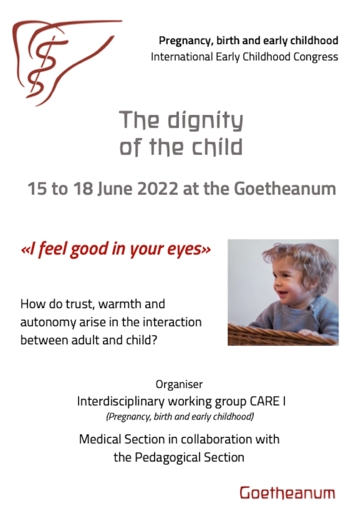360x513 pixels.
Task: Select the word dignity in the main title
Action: tap(205, 121)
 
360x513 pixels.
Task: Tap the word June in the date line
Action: tap(116, 189)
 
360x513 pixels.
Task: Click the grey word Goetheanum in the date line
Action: tap(285, 189)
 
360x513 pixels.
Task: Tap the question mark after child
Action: tap(155, 340)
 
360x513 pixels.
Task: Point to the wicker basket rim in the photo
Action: tap(283, 333)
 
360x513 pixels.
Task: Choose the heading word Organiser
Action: tap(179, 384)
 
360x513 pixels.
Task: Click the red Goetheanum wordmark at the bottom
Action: tap(287, 493)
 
